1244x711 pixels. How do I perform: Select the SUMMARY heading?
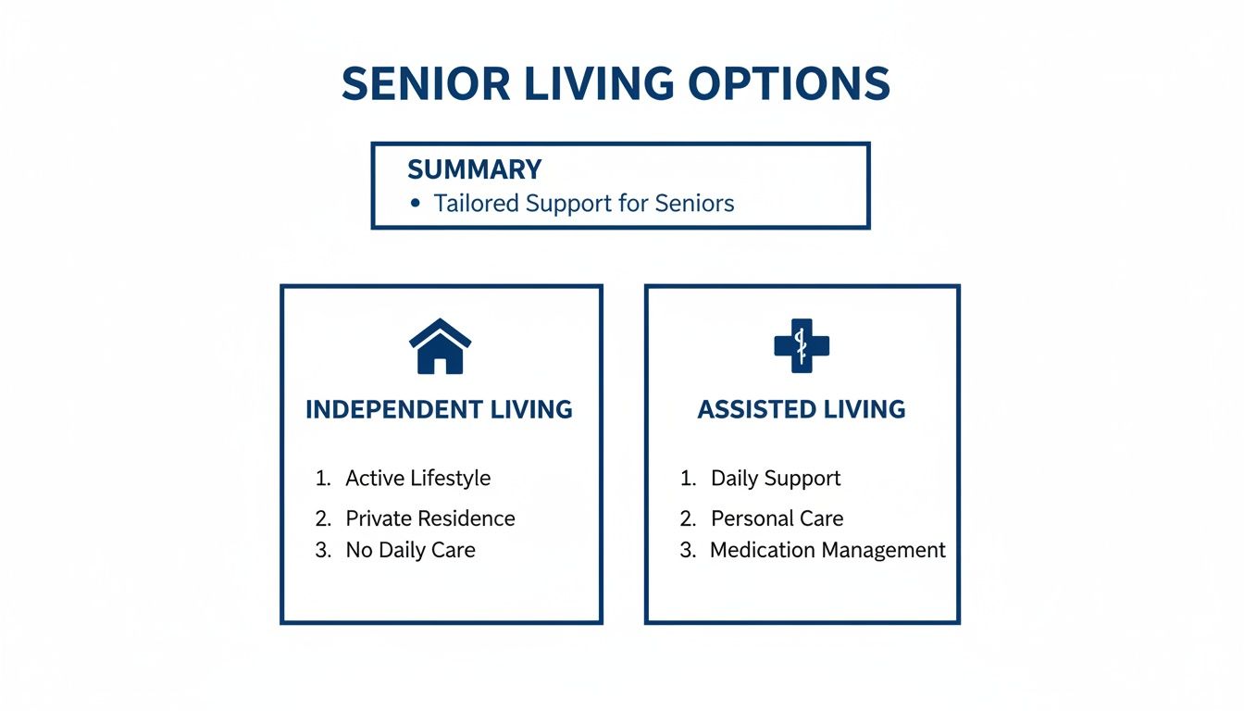474,169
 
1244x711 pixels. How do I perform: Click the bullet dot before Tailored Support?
416,203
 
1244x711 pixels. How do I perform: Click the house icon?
440,346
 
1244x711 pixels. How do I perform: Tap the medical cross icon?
802,346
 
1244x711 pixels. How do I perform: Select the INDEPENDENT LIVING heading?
439,409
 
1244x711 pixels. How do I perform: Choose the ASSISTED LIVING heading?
802,409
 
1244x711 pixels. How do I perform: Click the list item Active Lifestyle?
417,479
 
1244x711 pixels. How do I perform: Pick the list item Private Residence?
429,518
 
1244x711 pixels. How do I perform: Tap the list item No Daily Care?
410,550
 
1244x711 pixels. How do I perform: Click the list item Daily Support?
776,479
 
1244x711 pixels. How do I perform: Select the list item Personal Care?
777,518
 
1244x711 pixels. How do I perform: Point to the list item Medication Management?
827,550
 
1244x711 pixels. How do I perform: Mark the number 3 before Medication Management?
687,550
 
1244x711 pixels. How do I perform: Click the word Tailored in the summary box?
477,203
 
